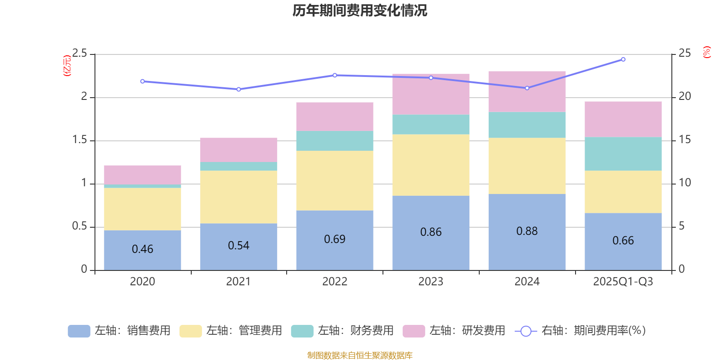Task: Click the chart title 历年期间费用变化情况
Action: (360, 10)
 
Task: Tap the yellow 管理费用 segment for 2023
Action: (431, 165)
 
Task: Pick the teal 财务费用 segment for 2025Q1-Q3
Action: (623, 153)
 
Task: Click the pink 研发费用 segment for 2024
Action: (526, 91)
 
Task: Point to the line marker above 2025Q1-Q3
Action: (623, 59)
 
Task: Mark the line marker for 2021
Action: (238, 89)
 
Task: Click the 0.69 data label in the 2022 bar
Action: (335, 239)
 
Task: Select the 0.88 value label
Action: (527, 231)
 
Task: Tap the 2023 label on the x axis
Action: (431, 282)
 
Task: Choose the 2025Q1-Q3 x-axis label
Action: (623, 282)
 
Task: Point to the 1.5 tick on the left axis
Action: (80, 140)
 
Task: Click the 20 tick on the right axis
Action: (684, 96)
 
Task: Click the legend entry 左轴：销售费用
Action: (120, 331)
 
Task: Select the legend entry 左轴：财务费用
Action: (342, 331)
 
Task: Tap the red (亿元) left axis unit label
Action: (67, 66)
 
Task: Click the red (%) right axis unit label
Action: (706, 52)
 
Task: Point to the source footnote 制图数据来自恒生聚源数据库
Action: (360, 355)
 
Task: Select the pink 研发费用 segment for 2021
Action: (238, 149)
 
